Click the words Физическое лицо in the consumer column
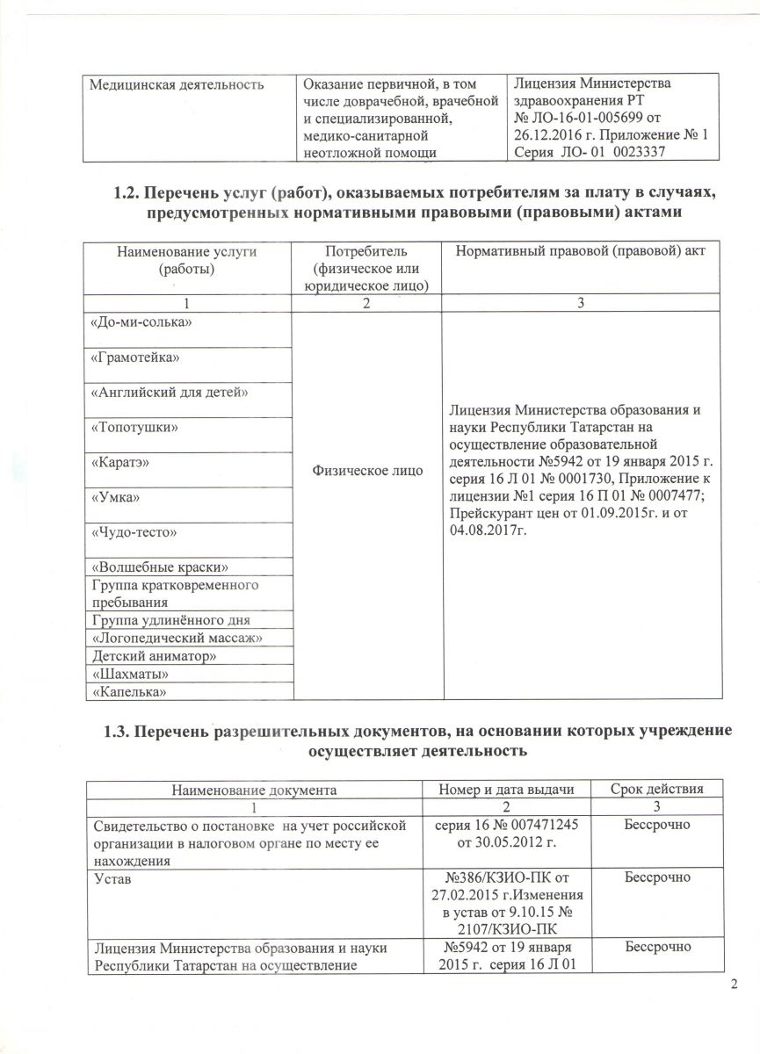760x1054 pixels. pos(368,472)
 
